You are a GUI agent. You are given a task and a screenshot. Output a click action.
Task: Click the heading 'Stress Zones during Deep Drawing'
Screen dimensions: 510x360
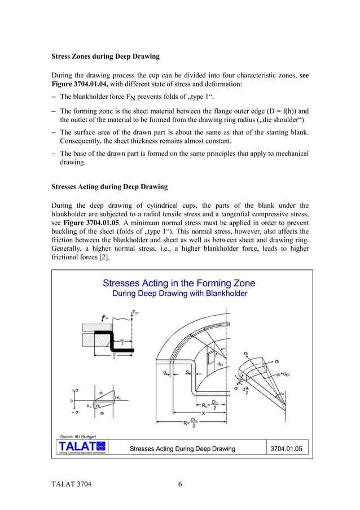click(106, 56)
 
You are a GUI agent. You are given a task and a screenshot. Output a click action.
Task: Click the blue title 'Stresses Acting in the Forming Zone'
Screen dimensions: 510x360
click(178, 283)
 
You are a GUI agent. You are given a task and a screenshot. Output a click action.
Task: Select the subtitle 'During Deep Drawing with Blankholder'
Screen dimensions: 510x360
click(179, 294)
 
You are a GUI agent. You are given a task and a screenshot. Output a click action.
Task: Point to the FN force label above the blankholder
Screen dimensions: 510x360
click(104, 318)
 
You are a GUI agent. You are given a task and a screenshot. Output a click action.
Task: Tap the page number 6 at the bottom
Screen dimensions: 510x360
click(179, 484)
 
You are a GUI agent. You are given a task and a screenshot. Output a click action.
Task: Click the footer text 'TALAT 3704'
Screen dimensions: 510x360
click(71, 484)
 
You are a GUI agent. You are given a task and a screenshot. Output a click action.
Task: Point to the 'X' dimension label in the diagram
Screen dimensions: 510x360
click(203, 413)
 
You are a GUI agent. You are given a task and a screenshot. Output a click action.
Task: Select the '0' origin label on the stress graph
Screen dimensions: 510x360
click(71, 401)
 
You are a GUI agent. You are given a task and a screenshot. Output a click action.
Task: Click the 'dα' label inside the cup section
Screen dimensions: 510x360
click(220, 364)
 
